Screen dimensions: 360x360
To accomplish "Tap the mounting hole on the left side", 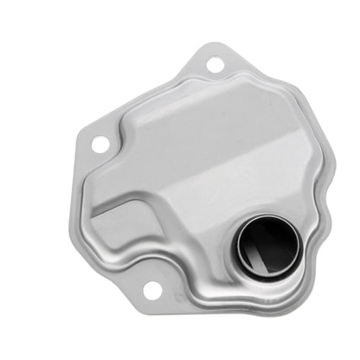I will (100, 144).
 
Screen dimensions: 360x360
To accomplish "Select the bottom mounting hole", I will (152, 292).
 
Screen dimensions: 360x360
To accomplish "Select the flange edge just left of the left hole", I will (83, 145).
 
